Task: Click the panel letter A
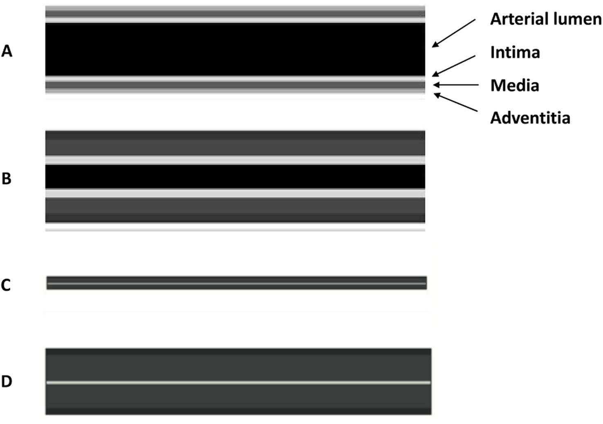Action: [x=7, y=51]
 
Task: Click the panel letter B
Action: [x=7, y=178]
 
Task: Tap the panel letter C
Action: [x=6, y=285]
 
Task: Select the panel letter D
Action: [x=7, y=381]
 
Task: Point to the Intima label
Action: [x=515, y=52]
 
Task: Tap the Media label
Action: [x=515, y=86]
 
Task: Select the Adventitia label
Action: [x=530, y=118]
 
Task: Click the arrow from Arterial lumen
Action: [x=454, y=33]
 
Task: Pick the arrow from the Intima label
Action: [x=454, y=66]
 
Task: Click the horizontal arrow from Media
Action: [x=456, y=85]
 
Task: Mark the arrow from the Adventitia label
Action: [x=456, y=102]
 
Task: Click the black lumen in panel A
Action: [x=235, y=50]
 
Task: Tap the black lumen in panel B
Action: [x=235, y=176]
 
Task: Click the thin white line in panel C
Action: [x=236, y=283]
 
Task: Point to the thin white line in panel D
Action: [x=238, y=383]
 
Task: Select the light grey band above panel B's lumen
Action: [x=235, y=160]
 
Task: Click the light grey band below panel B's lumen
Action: [x=235, y=193]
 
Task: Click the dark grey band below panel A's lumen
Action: [x=235, y=85]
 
